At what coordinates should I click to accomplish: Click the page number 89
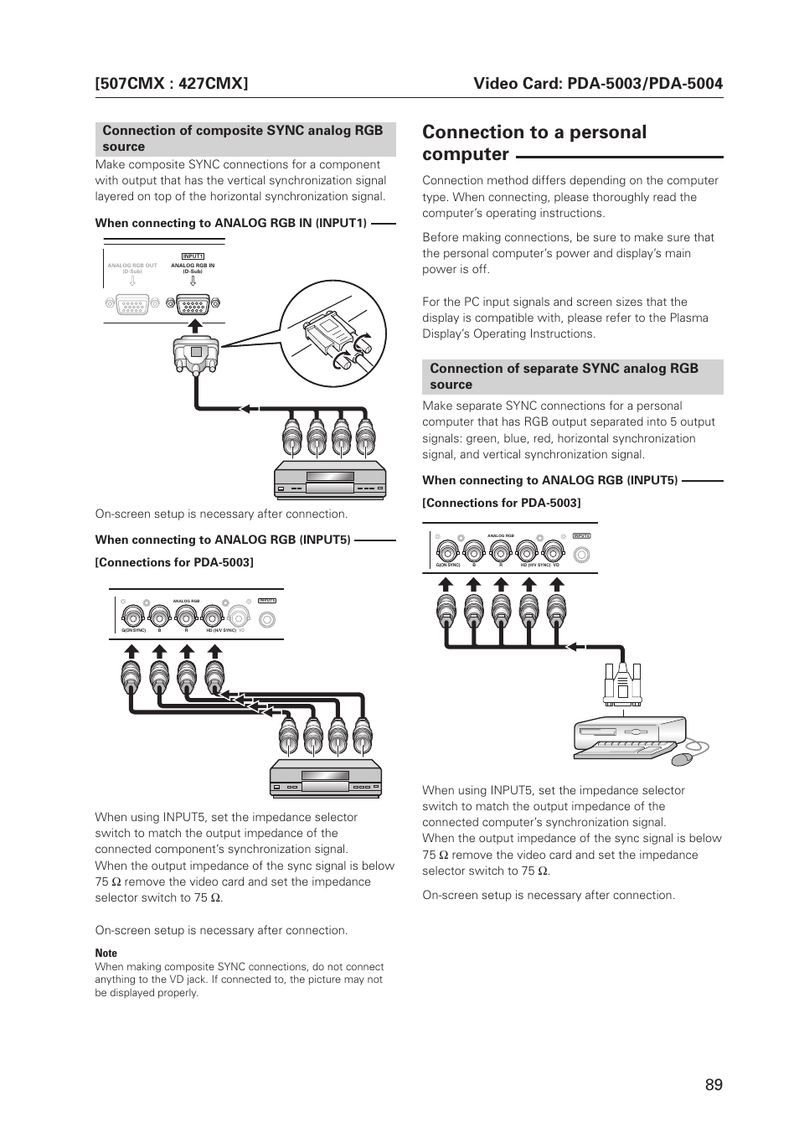pyautogui.click(x=713, y=1084)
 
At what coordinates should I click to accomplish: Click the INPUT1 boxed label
pyautogui.click(x=193, y=256)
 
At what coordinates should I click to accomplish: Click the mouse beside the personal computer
pyautogui.click(x=683, y=758)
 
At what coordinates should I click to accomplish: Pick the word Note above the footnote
pyautogui.click(x=106, y=953)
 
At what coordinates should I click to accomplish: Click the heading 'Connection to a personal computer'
pyautogui.click(x=534, y=142)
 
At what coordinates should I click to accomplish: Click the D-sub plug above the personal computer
pyautogui.click(x=622, y=682)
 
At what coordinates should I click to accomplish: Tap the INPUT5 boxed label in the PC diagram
pyautogui.click(x=582, y=535)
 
